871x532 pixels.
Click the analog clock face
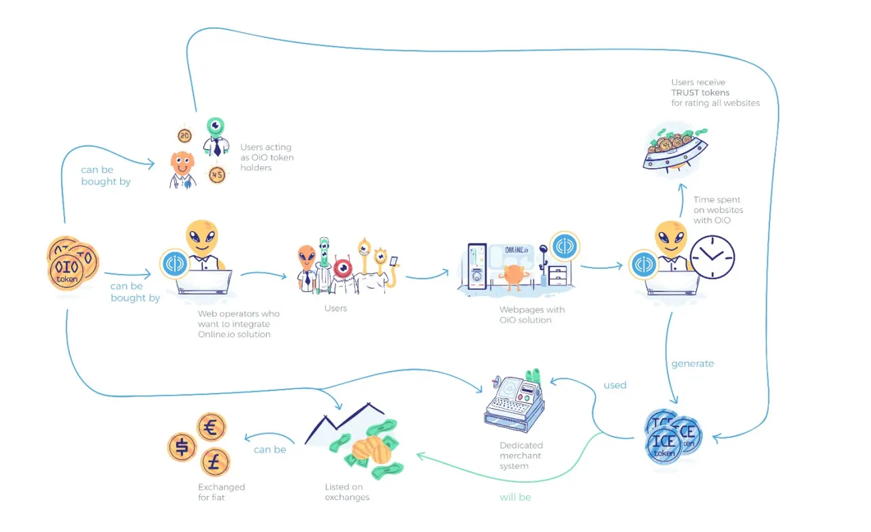coord(712,257)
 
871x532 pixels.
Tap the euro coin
coord(211,427)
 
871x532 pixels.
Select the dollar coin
coord(182,447)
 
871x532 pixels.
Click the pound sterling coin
coord(215,462)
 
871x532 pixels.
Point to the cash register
coord(515,403)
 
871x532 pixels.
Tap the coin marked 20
coord(184,136)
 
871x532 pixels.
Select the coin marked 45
coord(217,175)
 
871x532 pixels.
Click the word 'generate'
coord(693,364)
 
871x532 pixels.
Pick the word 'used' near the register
coord(614,385)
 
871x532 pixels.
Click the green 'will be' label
coord(515,497)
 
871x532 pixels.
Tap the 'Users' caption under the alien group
coord(335,308)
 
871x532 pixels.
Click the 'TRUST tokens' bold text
coord(700,93)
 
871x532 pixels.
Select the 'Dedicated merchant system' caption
coord(521,455)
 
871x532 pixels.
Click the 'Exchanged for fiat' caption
coord(221,492)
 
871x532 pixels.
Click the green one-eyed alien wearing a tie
coord(216,137)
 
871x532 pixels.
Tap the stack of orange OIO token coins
coord(73,263)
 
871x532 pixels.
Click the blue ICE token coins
coord(673,436)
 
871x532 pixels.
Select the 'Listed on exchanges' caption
coord(347,492)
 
